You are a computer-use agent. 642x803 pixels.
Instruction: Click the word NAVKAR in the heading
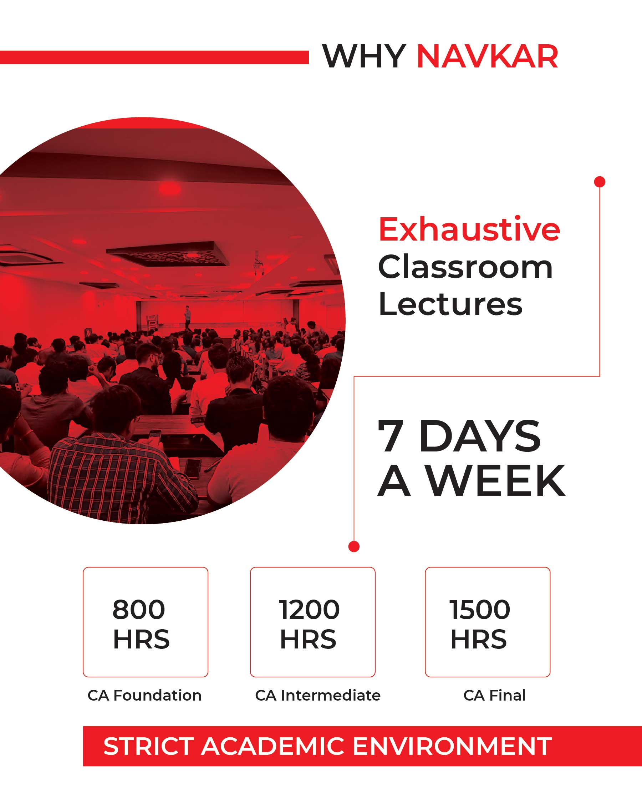tap(487, 57)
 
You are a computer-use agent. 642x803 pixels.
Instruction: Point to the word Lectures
tap(450, 304)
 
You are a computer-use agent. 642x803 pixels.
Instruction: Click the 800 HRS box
tap(146, 622)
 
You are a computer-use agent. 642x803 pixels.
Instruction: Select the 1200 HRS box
tap(313, 622)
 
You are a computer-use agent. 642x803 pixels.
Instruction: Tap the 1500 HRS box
tap(488, 622)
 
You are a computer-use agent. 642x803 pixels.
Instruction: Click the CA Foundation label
tap(144, 695)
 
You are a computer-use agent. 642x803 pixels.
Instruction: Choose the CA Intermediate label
tap(318, 695)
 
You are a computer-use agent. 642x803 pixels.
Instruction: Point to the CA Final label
tap(494, 695)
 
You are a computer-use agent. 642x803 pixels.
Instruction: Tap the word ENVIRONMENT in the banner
tap(452, 746)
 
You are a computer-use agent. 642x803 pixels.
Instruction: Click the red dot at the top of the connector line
tap(600, 182)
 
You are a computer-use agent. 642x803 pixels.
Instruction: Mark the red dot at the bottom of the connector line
tap(354, 546)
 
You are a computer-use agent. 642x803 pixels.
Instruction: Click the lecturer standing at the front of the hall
tap(188, 317)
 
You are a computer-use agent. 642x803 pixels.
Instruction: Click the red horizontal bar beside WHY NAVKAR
tap(154, 57)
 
